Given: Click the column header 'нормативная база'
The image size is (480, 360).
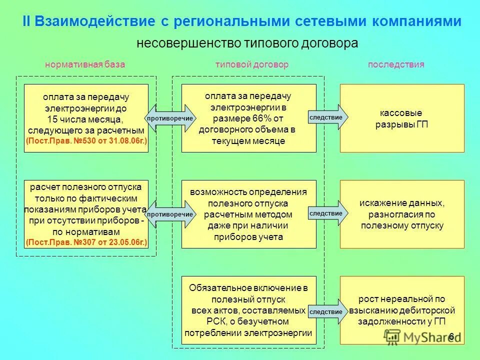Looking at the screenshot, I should pos(85,64).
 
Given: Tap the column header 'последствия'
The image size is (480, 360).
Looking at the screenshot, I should pos(396,64).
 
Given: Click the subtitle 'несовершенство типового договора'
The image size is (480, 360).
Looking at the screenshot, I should pos(247,43).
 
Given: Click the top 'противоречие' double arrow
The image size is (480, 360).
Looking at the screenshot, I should pos(170,118).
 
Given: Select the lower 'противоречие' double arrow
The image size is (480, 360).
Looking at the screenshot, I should pos(170,214).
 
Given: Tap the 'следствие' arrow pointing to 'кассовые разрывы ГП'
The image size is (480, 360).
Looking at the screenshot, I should pos(327,117).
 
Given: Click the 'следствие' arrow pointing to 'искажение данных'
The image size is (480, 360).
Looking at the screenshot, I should pos(327,213).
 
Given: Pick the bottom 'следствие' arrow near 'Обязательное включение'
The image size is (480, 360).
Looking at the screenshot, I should pos(327,311).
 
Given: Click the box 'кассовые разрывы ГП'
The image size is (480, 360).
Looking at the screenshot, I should pos(402,118).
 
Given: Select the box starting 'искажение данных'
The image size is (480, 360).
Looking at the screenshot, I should pos(402,214).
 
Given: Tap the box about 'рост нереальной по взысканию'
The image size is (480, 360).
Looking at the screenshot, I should pos(402,310).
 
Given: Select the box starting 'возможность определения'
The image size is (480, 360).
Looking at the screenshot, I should pos(248,214).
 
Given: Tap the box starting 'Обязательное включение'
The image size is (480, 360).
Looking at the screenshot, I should pos(248,310).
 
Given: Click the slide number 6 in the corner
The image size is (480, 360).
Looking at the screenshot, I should pos(451,336).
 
